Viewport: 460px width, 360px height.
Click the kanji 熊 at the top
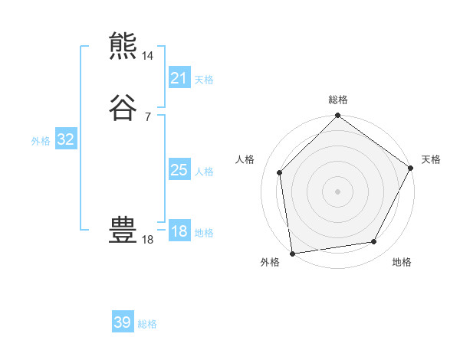123,46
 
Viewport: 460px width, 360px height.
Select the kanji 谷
123,106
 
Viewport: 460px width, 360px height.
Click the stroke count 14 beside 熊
148,56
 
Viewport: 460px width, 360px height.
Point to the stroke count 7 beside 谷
147,116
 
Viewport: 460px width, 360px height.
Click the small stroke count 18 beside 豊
148,240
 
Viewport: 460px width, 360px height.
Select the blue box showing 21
179,78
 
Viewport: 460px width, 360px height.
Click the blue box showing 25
179,170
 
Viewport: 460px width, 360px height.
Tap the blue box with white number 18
179,231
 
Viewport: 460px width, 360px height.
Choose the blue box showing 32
65,139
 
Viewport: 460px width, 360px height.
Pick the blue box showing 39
123,322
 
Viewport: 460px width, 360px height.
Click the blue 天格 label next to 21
204,80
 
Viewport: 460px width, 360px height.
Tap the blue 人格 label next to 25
204,172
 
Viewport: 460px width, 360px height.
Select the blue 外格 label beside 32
41,141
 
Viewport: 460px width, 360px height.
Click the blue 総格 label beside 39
147,324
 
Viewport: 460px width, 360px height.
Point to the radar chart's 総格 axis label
338,100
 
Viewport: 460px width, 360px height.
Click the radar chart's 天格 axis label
431,159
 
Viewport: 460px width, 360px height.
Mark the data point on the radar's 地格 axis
374,242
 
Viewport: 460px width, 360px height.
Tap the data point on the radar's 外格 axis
292,253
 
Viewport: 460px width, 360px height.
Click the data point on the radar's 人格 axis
280,172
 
